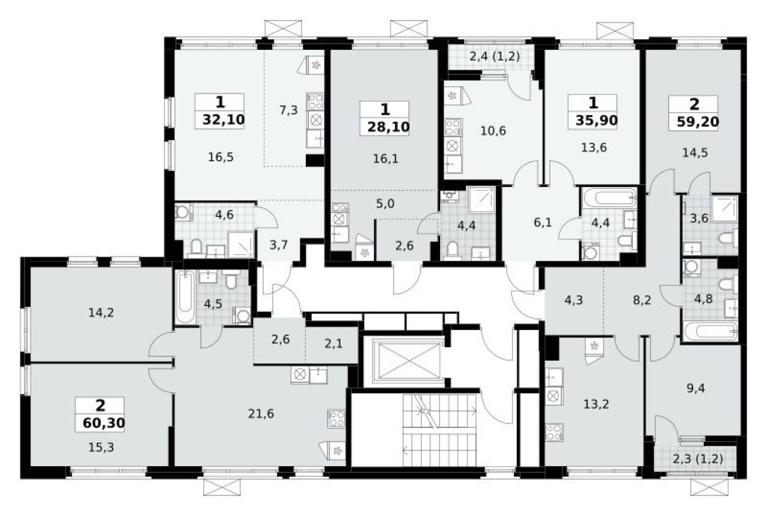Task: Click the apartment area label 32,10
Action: tap(220, 120)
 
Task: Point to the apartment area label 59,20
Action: tap(694, 123)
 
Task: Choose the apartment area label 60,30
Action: tap(100, 422)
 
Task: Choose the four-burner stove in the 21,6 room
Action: tap(336, 417)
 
